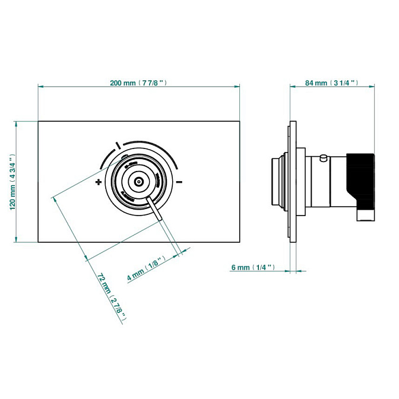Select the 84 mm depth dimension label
point(331,83)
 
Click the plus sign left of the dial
point(98,183)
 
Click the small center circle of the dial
point(138,182)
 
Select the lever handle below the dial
point(157,211)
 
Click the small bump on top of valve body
point(323,157)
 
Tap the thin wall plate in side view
point(292,182)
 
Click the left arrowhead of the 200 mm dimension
point(40,87)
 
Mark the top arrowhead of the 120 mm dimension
point(17,124)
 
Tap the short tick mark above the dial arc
point(119,144)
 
